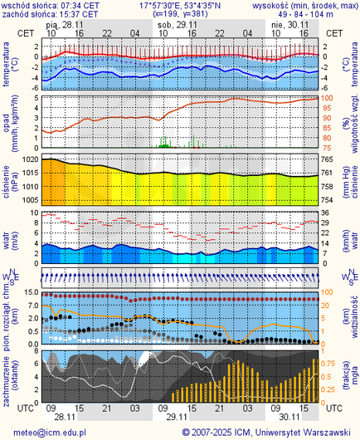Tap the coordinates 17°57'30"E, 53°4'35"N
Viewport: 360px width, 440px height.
(x=180, y=5)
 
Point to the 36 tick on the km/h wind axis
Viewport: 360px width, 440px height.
(x=328, y=213)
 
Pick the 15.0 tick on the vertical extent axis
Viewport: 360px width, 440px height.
(x=28, y=293)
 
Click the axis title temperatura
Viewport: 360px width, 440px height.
(x=7, y=66)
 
